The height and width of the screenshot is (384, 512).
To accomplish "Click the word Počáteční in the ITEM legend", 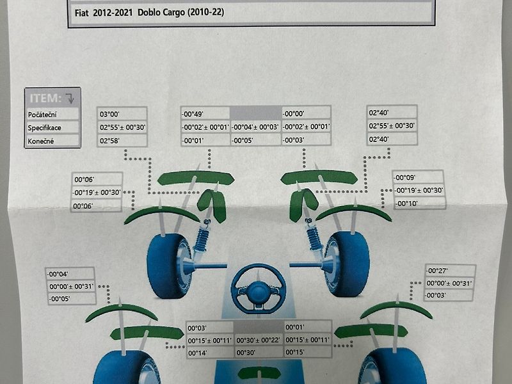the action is (42, 115).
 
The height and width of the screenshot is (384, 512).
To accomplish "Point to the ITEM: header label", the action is (45, 98).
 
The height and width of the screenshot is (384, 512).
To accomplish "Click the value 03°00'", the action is (109, 115).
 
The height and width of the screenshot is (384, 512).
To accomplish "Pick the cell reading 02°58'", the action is (109, 141).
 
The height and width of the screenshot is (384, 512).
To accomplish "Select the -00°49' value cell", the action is (193, 114).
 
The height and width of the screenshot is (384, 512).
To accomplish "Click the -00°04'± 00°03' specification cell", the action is (255, 127).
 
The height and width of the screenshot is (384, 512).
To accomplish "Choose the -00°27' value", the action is (437, 271).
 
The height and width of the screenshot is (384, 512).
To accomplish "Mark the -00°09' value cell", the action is (404, 178).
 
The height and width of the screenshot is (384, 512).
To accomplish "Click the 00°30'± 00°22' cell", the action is (258, 340).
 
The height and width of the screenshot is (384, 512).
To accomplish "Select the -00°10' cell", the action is (406, 204).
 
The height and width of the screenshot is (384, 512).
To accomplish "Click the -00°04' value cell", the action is (58, 274).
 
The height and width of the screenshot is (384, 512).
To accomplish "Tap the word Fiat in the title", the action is (82, 13).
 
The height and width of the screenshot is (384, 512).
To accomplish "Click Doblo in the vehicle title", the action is (149, 12).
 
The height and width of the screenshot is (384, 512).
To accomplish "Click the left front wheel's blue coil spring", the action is (202, 239).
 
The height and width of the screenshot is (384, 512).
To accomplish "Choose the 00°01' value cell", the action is (295, 327).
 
